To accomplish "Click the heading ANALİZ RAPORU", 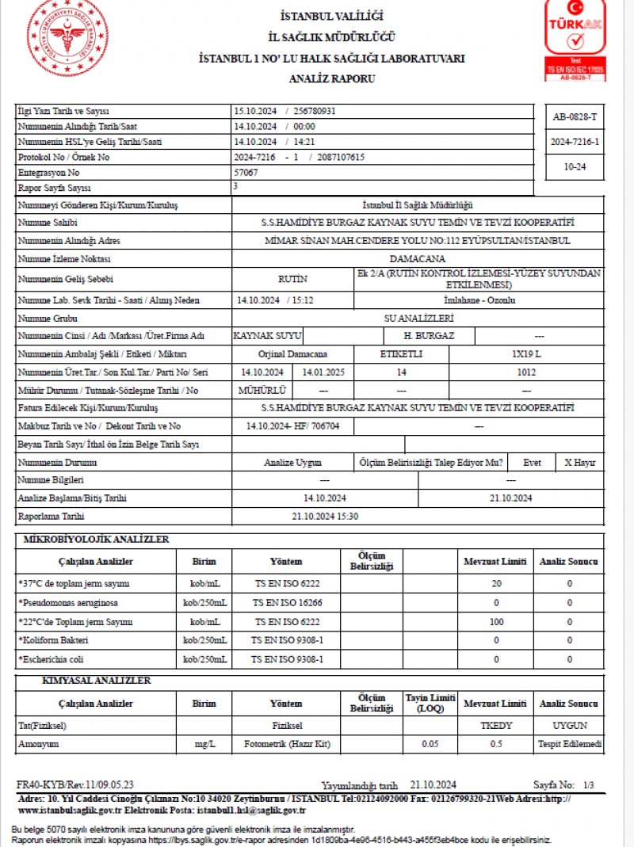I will tap(332, 78).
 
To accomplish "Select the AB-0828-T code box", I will tap(575, 117).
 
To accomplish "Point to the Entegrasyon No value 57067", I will tap(246, 171).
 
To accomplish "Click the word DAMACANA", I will tap(418, 258).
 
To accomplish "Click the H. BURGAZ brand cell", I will tap(429, 335).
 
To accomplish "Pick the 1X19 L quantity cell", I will tap(526, 353).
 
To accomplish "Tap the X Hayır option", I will tap(579, 463).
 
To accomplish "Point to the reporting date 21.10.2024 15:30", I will tap(325, 516).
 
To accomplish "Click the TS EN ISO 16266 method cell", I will tap(286, 602).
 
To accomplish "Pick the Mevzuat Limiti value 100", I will tap(496, 621).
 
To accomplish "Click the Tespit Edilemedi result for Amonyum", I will tap(570, 744).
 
